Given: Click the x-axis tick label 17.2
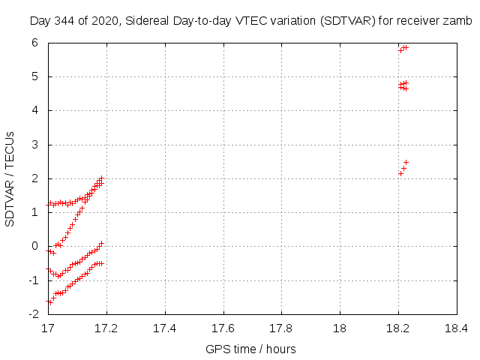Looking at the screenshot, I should click(x=106, y=328).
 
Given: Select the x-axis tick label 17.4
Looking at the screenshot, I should click(x=165, y=328).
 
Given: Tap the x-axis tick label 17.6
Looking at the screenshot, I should click(x=223, y=328).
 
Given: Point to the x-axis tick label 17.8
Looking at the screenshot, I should click(x=281, y=328).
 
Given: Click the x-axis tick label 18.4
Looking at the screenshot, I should click(x=456, y=328).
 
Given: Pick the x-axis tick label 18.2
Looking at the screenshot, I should click(x=397, y=328).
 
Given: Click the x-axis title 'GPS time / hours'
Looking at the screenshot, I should click(x=250, y=349).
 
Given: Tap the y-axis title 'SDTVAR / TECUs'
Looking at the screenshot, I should click(x=10, y=178).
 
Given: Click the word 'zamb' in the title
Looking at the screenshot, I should click(x=459, y=20).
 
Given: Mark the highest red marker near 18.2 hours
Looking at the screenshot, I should click(x=405, y=47).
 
